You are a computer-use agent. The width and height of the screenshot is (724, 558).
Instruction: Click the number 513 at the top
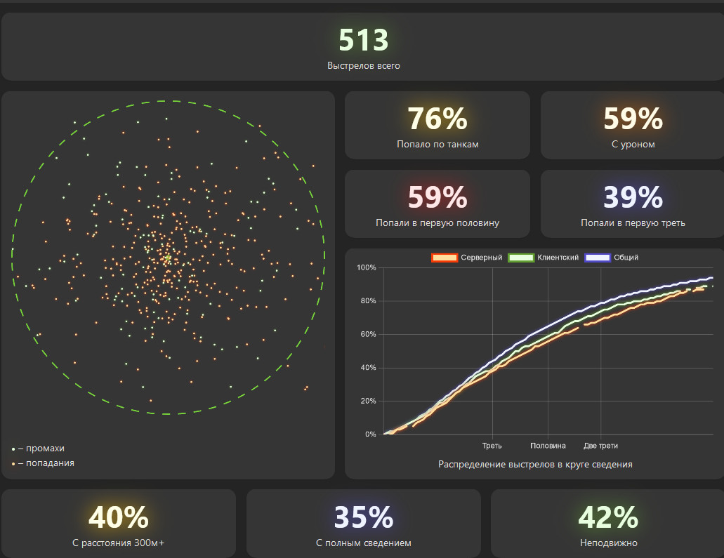point(363,41)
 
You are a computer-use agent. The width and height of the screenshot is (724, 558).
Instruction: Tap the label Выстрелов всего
point(363,66)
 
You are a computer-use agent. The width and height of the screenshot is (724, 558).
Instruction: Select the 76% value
point(437,119)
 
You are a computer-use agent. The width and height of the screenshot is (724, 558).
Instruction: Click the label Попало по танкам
point(437,145)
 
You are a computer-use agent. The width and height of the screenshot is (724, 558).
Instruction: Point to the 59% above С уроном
point(633,119)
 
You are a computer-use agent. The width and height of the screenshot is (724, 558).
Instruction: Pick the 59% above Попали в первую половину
point(437,198)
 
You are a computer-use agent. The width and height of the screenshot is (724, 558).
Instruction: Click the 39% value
point(633,198)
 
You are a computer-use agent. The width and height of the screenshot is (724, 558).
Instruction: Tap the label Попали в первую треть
point(633,223)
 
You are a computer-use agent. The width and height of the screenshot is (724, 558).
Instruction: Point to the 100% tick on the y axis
point(367,268)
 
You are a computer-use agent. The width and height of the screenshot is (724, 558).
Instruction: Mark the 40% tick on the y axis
point(367,368)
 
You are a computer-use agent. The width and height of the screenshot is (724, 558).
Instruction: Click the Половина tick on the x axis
point(548,446)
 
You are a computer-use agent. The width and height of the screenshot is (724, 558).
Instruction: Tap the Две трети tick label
point(600,446)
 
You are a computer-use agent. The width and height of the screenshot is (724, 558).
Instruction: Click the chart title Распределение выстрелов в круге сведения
point(535,465)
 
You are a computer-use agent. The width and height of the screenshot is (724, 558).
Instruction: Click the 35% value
point(363,518)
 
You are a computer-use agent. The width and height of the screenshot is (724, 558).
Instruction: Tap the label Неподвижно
point(608,543)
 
